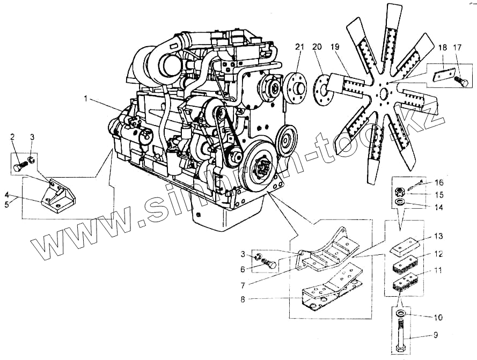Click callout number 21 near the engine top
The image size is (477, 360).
pos(299,48)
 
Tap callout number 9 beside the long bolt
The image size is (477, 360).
pos(435,335)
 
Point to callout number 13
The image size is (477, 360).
pos(439,236)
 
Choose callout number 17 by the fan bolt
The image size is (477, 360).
pos(457,48)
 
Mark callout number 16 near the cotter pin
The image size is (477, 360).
pos(439,183)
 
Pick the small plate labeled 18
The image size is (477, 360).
pos(442,76)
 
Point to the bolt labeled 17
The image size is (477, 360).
pos(461,82)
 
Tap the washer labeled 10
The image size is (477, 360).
pos(400,313)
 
